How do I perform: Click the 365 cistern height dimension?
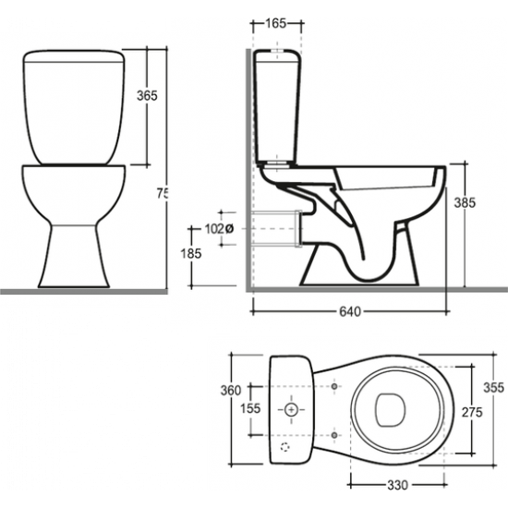(147, 96)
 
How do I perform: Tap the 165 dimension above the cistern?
(276, 23)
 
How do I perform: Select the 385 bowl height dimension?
(465, 203)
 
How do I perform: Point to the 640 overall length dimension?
(350, 311)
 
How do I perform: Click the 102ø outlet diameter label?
(219, 229)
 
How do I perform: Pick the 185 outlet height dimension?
(191, 253)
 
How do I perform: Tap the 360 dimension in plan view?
(231, 391)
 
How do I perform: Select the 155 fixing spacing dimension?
(250, 408)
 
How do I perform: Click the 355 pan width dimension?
(494, 388)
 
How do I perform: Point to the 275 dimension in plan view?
(472, 413)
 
